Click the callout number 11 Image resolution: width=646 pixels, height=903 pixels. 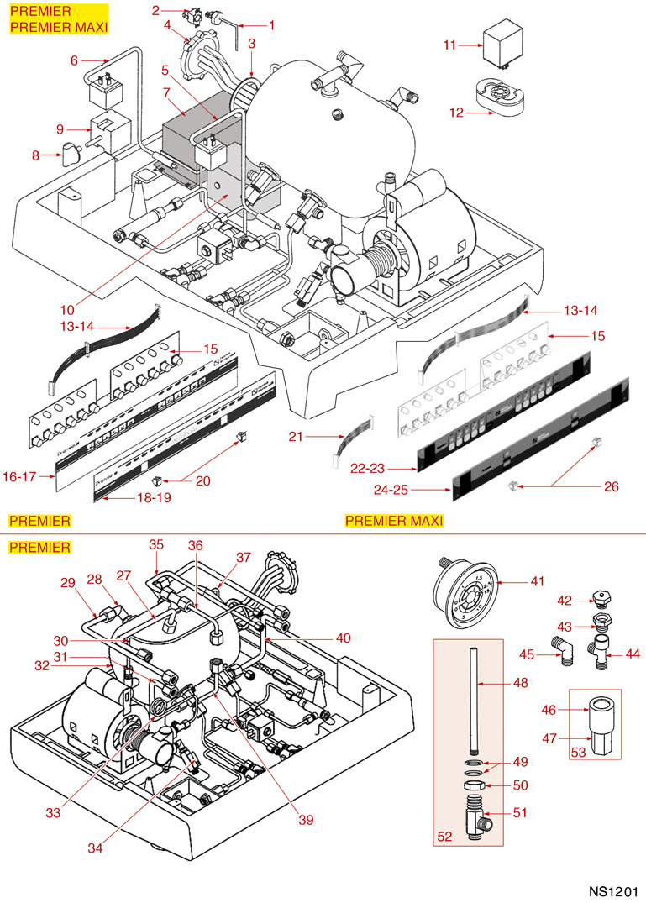point(449,45)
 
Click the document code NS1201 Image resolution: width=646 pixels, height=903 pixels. point(612,890)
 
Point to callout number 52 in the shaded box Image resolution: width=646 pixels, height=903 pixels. point(445,837)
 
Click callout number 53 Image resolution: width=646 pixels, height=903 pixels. point(578,753)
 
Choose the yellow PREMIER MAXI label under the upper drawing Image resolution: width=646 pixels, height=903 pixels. point(394,521)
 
